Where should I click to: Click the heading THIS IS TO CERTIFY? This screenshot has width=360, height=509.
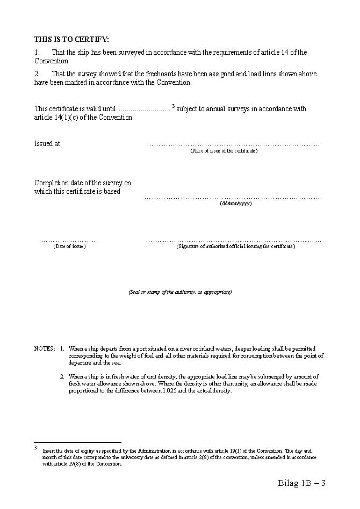pyautogui.click(x=71, y=39)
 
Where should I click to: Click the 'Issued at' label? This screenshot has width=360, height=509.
pyautogui.click(x=47, y=144)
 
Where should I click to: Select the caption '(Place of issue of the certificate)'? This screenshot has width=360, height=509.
pyautogui.click(x=224, y=151)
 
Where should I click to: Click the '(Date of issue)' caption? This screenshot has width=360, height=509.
pyautogui.click(x=69, y=246)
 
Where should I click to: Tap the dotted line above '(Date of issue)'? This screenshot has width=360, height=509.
pyautogui.click(x=69, y=241)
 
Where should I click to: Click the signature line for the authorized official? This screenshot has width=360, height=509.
pyautogui.click(x=234, y=241)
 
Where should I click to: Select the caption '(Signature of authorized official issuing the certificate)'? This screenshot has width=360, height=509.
pyautogui.click(x=235, y=246)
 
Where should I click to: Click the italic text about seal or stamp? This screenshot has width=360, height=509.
pyautogui.click(x=180, y=292)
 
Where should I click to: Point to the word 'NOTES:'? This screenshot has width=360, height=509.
pyautogui.click(x=45, y=348)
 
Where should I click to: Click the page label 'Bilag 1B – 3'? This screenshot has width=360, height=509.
pyautogui.click(x=302, y=483)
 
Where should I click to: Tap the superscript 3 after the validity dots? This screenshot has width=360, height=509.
pyautogui.click(x=174, y=106)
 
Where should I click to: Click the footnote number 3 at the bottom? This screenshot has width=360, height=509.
pyautogui.click(x=35, y=447)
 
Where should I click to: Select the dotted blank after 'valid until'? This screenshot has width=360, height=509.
pyautogui.click(x=144, y=110)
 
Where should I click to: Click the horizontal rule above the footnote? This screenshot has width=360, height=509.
pyautogui.click(x=77, y=442)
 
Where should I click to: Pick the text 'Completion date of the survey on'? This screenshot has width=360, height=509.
pyautogui.click(x=83, y=183)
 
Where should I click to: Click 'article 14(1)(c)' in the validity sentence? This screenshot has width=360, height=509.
pyautogui.click(x=59, y=118)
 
